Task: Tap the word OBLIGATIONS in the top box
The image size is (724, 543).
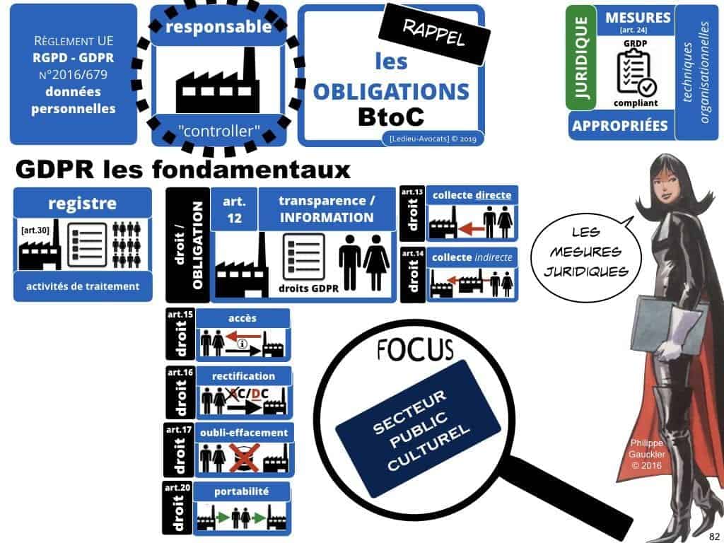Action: click(x=391, y=91)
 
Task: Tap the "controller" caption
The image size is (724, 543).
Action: click(x=220, y=131)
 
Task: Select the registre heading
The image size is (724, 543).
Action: click(x=82, y=204)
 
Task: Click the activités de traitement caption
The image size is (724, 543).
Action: click(x=82, y=286)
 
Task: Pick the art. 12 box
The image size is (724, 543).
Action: click(x=233, y=209)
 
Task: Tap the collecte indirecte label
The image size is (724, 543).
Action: click(x=472, y=257)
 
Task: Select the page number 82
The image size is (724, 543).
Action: click(x=712, y=535)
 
